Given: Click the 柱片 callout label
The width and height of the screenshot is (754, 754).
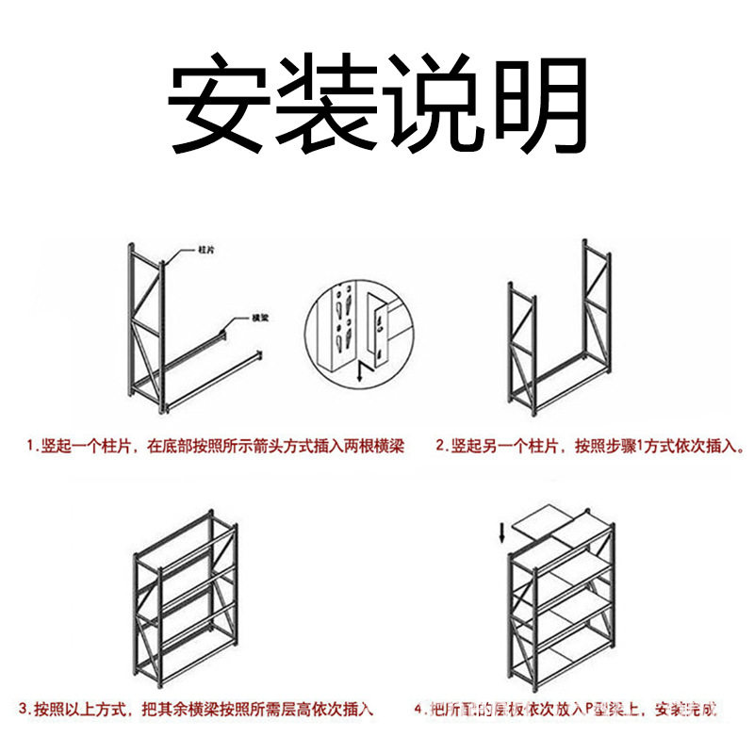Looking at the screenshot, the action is pyautogui.click(x=206, y=251).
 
